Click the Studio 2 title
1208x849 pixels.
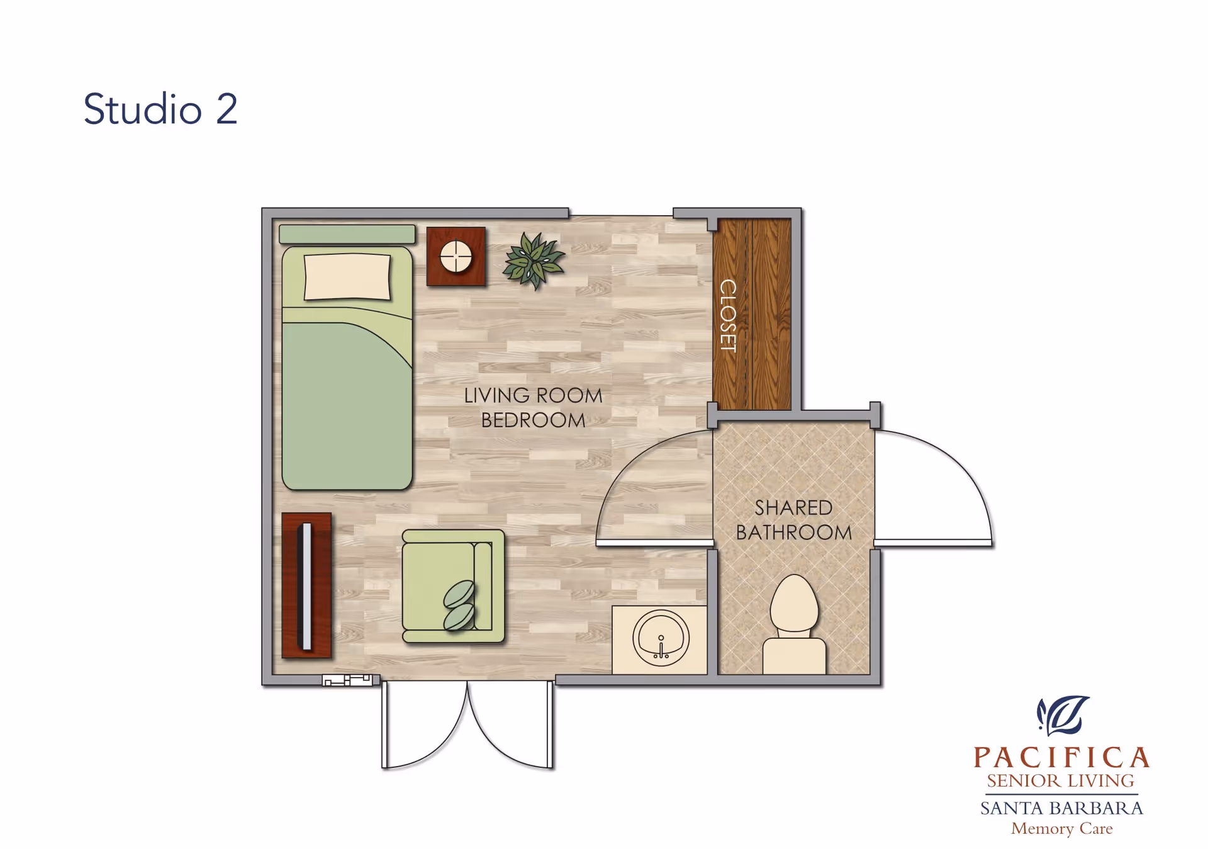click(x=160, y=109)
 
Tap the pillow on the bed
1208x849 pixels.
click(x=347, y=276)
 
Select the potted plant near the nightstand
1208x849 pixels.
click(x=534, y=261)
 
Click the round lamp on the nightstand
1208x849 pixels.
click(x=456, y=256)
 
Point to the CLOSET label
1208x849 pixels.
click(x=728, y=315)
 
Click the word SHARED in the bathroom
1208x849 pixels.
click(x=793, y=507)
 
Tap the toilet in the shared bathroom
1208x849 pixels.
click(x=794, y=624)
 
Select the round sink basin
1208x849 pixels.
click(x=661, y=638)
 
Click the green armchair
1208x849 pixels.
click(x=453, y=586)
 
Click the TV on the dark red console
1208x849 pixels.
click(x=306, y=586)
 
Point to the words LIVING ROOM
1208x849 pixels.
click(x=533, y=395)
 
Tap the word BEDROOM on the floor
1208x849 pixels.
click(x=533, y=420)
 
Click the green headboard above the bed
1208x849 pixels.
click(x=347, y=234)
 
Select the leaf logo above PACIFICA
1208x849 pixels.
click(x=1063, y=715)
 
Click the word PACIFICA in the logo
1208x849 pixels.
click(x=1062, y=757)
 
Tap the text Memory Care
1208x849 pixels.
click(x=1062, y=828)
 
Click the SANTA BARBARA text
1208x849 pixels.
click(x=1061, y=807)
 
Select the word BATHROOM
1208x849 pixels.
click(x=794, y=532)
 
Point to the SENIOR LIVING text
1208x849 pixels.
click(x=1060, y=780)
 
